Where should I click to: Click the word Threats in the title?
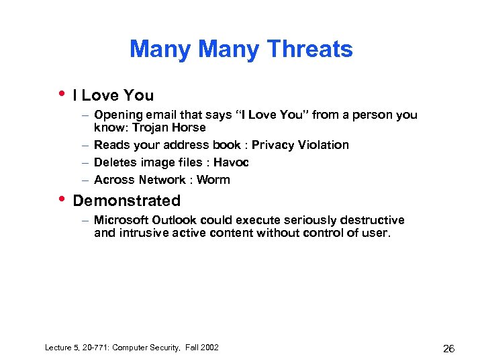(x=309, y=49)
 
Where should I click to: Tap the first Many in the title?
(x=161, y=49)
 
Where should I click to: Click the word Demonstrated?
(x=126, y=201)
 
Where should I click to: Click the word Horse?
(x=189, y=127)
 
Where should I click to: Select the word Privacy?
(x=272, y=145)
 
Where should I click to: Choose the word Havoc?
(x=231, y=162)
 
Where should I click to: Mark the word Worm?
(x=214, y=180)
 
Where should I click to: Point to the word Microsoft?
(x=122, y=220)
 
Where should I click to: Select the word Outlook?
(x=175, y=220)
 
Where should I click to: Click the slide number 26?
(x=449, y=348)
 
